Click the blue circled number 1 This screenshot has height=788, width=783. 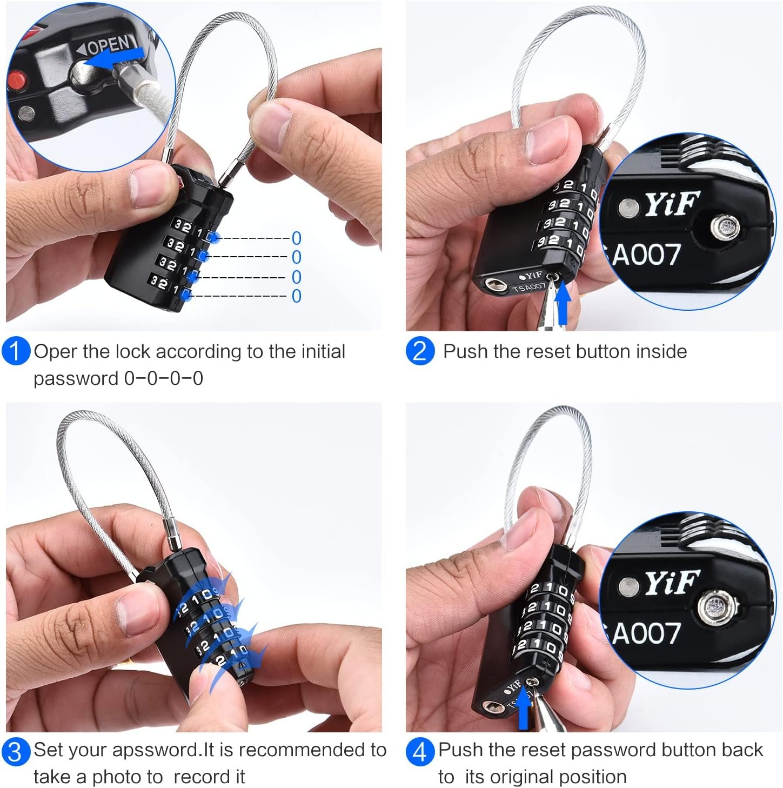16,351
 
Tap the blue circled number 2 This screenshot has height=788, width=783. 419,351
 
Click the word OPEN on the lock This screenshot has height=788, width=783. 108,44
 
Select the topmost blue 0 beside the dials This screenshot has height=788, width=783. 297,238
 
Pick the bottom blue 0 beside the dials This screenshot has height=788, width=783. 297,296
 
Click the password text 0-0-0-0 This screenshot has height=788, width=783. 164,379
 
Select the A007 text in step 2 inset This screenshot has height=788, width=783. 646,255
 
